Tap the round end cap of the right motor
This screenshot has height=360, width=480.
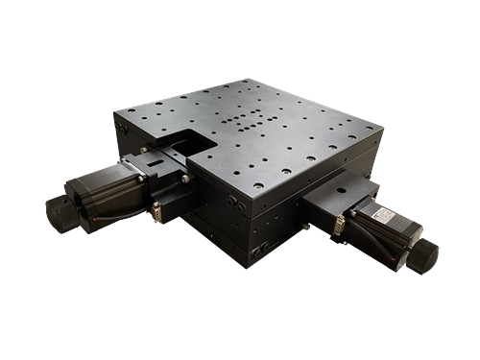pyautogui.click(x=423, y=256)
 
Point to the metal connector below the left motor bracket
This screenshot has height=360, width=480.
pyautogui.click(x=156, y=210)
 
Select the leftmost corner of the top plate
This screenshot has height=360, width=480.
pyautogui.click(x=114, y=114)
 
